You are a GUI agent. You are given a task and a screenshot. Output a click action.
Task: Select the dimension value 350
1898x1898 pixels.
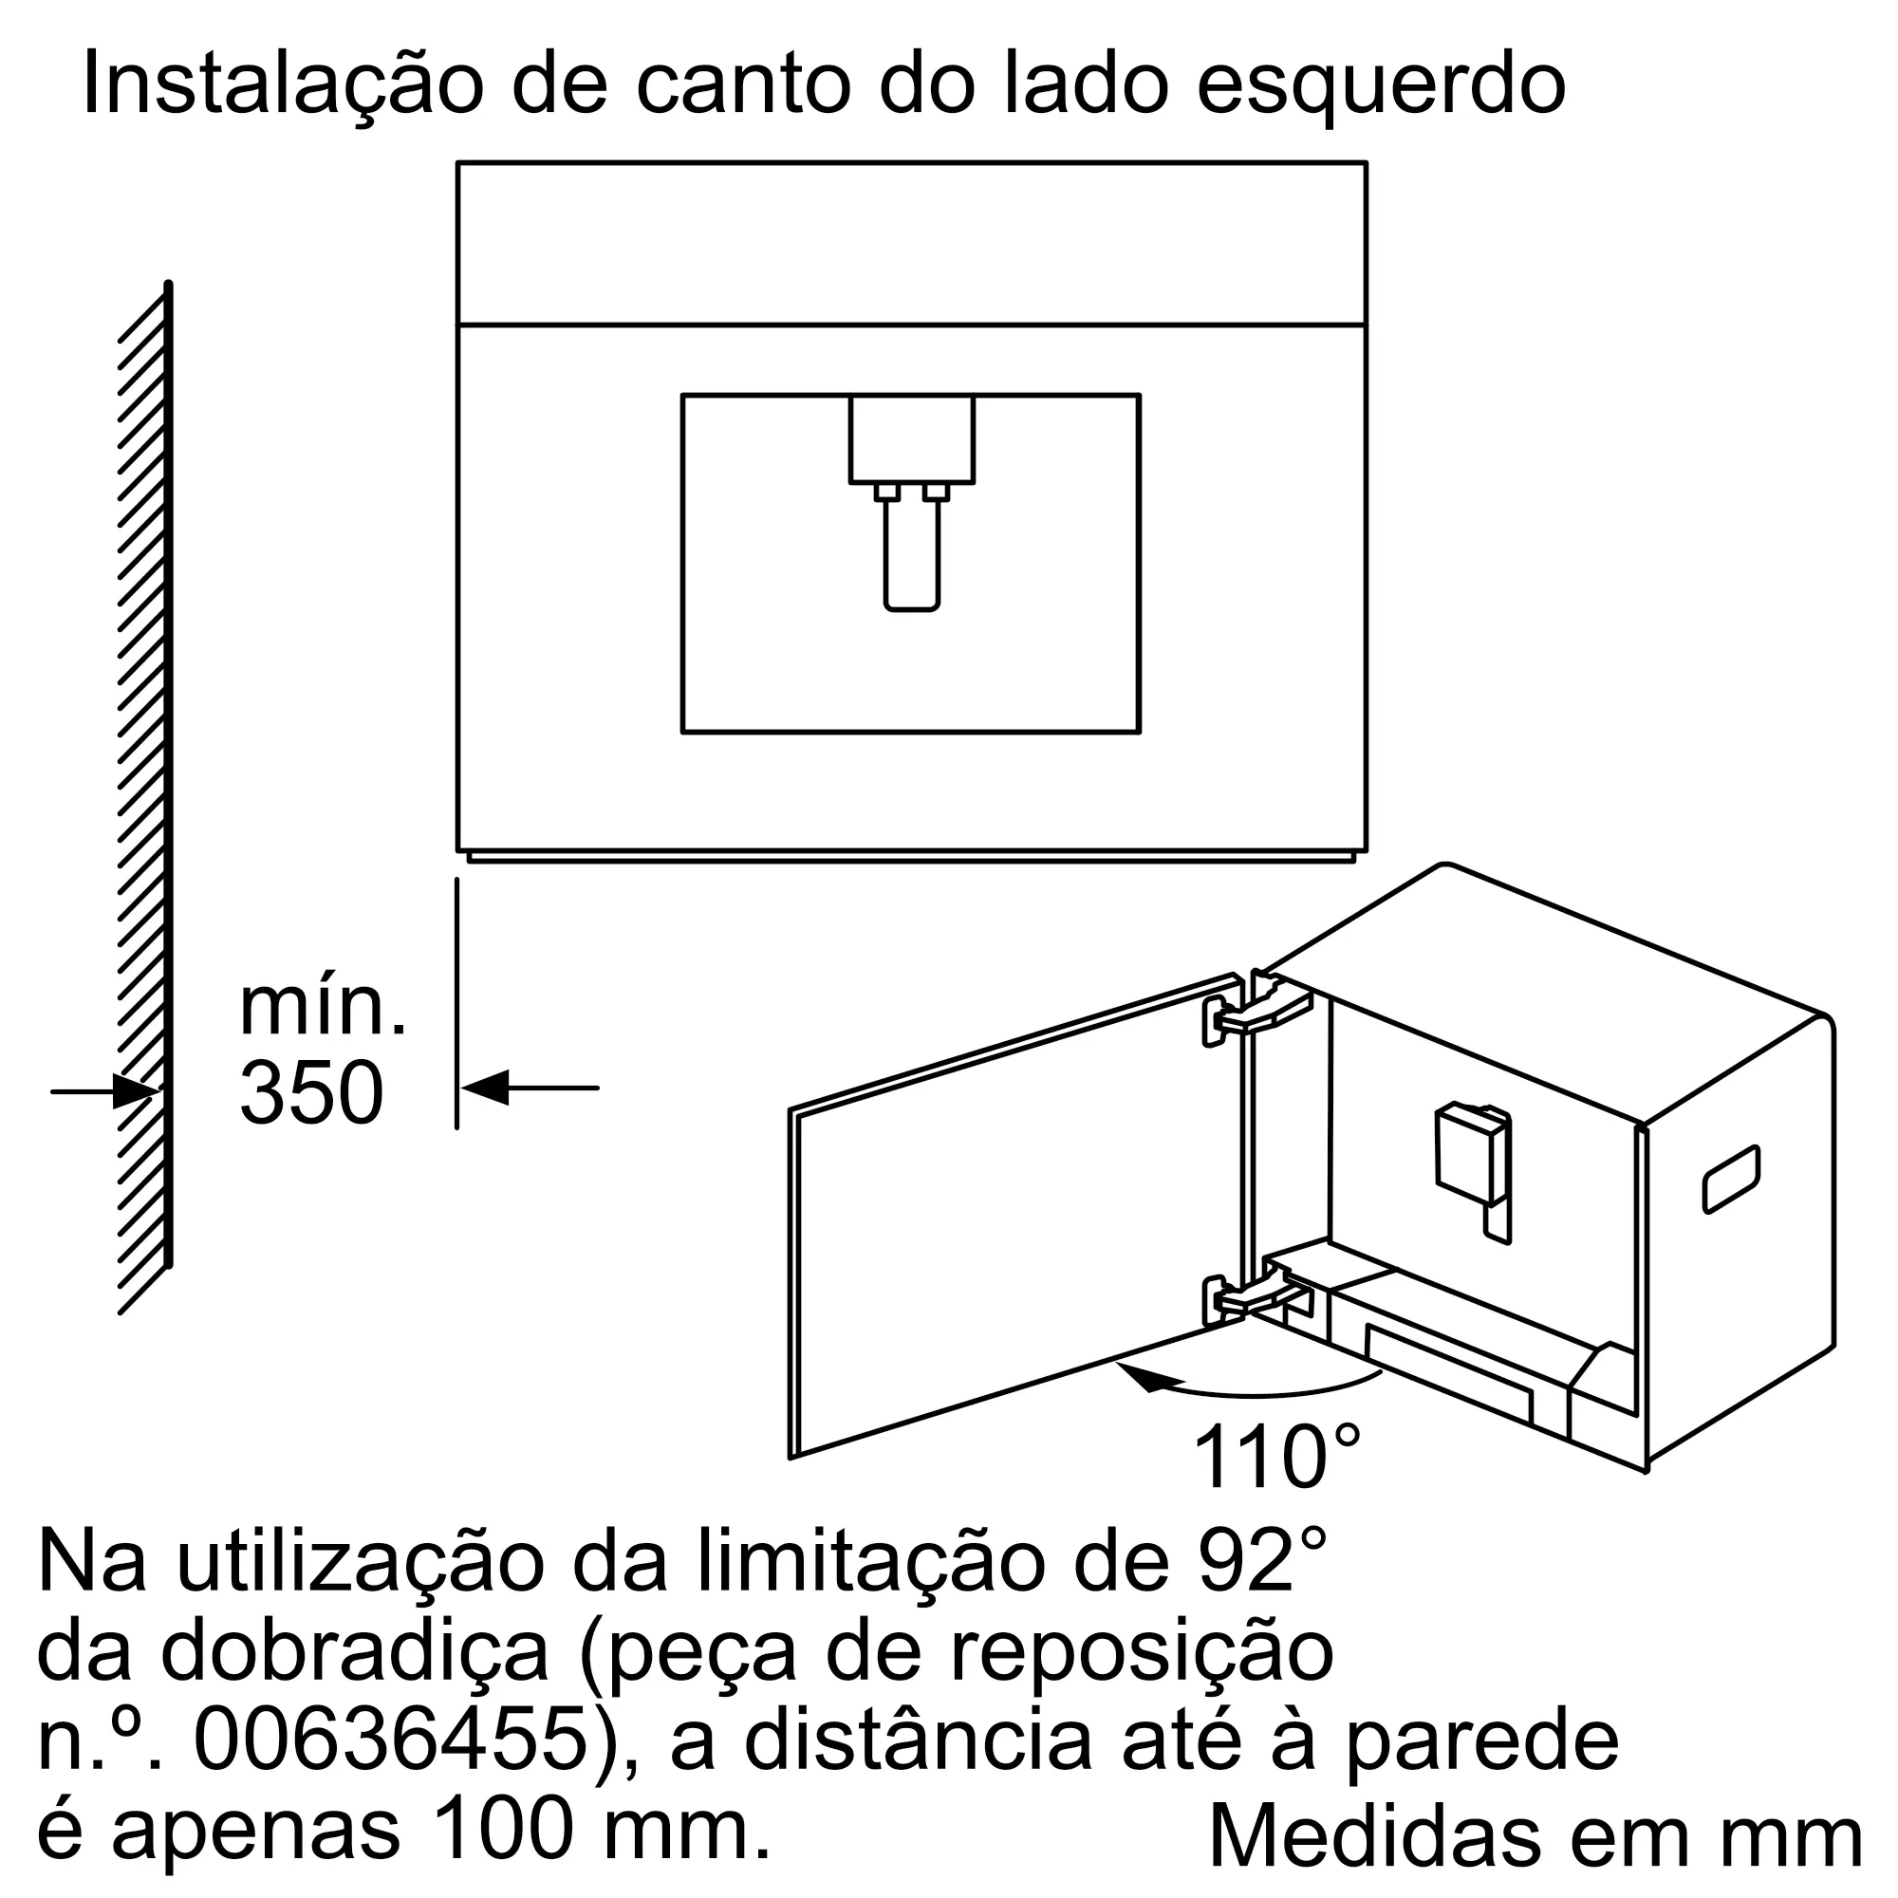point(310,1092)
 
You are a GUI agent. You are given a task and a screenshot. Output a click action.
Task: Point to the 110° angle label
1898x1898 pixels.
point(1276,1459)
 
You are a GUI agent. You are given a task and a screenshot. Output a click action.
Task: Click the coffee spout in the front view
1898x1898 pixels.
point(912,550)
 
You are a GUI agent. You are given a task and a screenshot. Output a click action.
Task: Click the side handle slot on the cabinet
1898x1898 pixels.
point(1731,1178)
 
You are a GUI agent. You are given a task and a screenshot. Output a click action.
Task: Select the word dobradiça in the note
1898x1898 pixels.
point(354,1652)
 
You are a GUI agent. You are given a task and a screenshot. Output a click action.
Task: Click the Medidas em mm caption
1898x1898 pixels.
point(1535,1835)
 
